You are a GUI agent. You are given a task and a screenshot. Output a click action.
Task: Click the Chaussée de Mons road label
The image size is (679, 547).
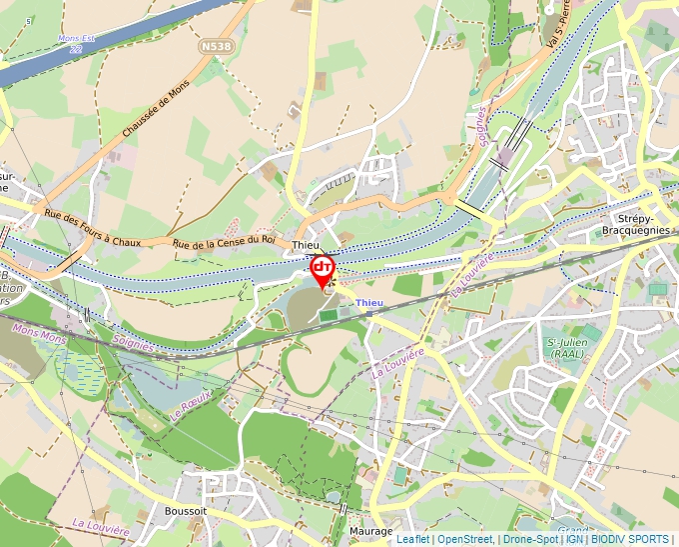(156, 110)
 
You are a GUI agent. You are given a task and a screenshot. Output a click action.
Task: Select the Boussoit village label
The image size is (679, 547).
(186, 510)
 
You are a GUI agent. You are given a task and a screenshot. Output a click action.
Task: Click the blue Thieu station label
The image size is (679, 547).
(369, 302)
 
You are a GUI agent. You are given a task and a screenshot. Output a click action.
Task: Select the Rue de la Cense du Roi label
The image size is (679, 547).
(223, 241)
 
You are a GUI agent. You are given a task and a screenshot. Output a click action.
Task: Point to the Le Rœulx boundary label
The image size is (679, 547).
(191, 403)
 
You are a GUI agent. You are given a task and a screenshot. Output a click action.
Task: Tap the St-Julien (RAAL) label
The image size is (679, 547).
(566, 347)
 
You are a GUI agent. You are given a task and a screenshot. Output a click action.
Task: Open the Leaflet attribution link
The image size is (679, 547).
(412, 540)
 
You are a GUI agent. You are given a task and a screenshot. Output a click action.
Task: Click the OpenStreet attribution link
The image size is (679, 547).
(464, 540)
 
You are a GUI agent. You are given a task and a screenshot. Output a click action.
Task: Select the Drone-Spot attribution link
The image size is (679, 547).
(530, 540)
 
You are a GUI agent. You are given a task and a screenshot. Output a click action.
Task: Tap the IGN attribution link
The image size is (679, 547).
(574, 540)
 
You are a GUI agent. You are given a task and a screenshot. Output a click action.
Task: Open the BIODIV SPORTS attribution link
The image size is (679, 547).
(629, 540)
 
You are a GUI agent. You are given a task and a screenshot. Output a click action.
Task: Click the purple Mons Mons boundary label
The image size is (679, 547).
(39, 333)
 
